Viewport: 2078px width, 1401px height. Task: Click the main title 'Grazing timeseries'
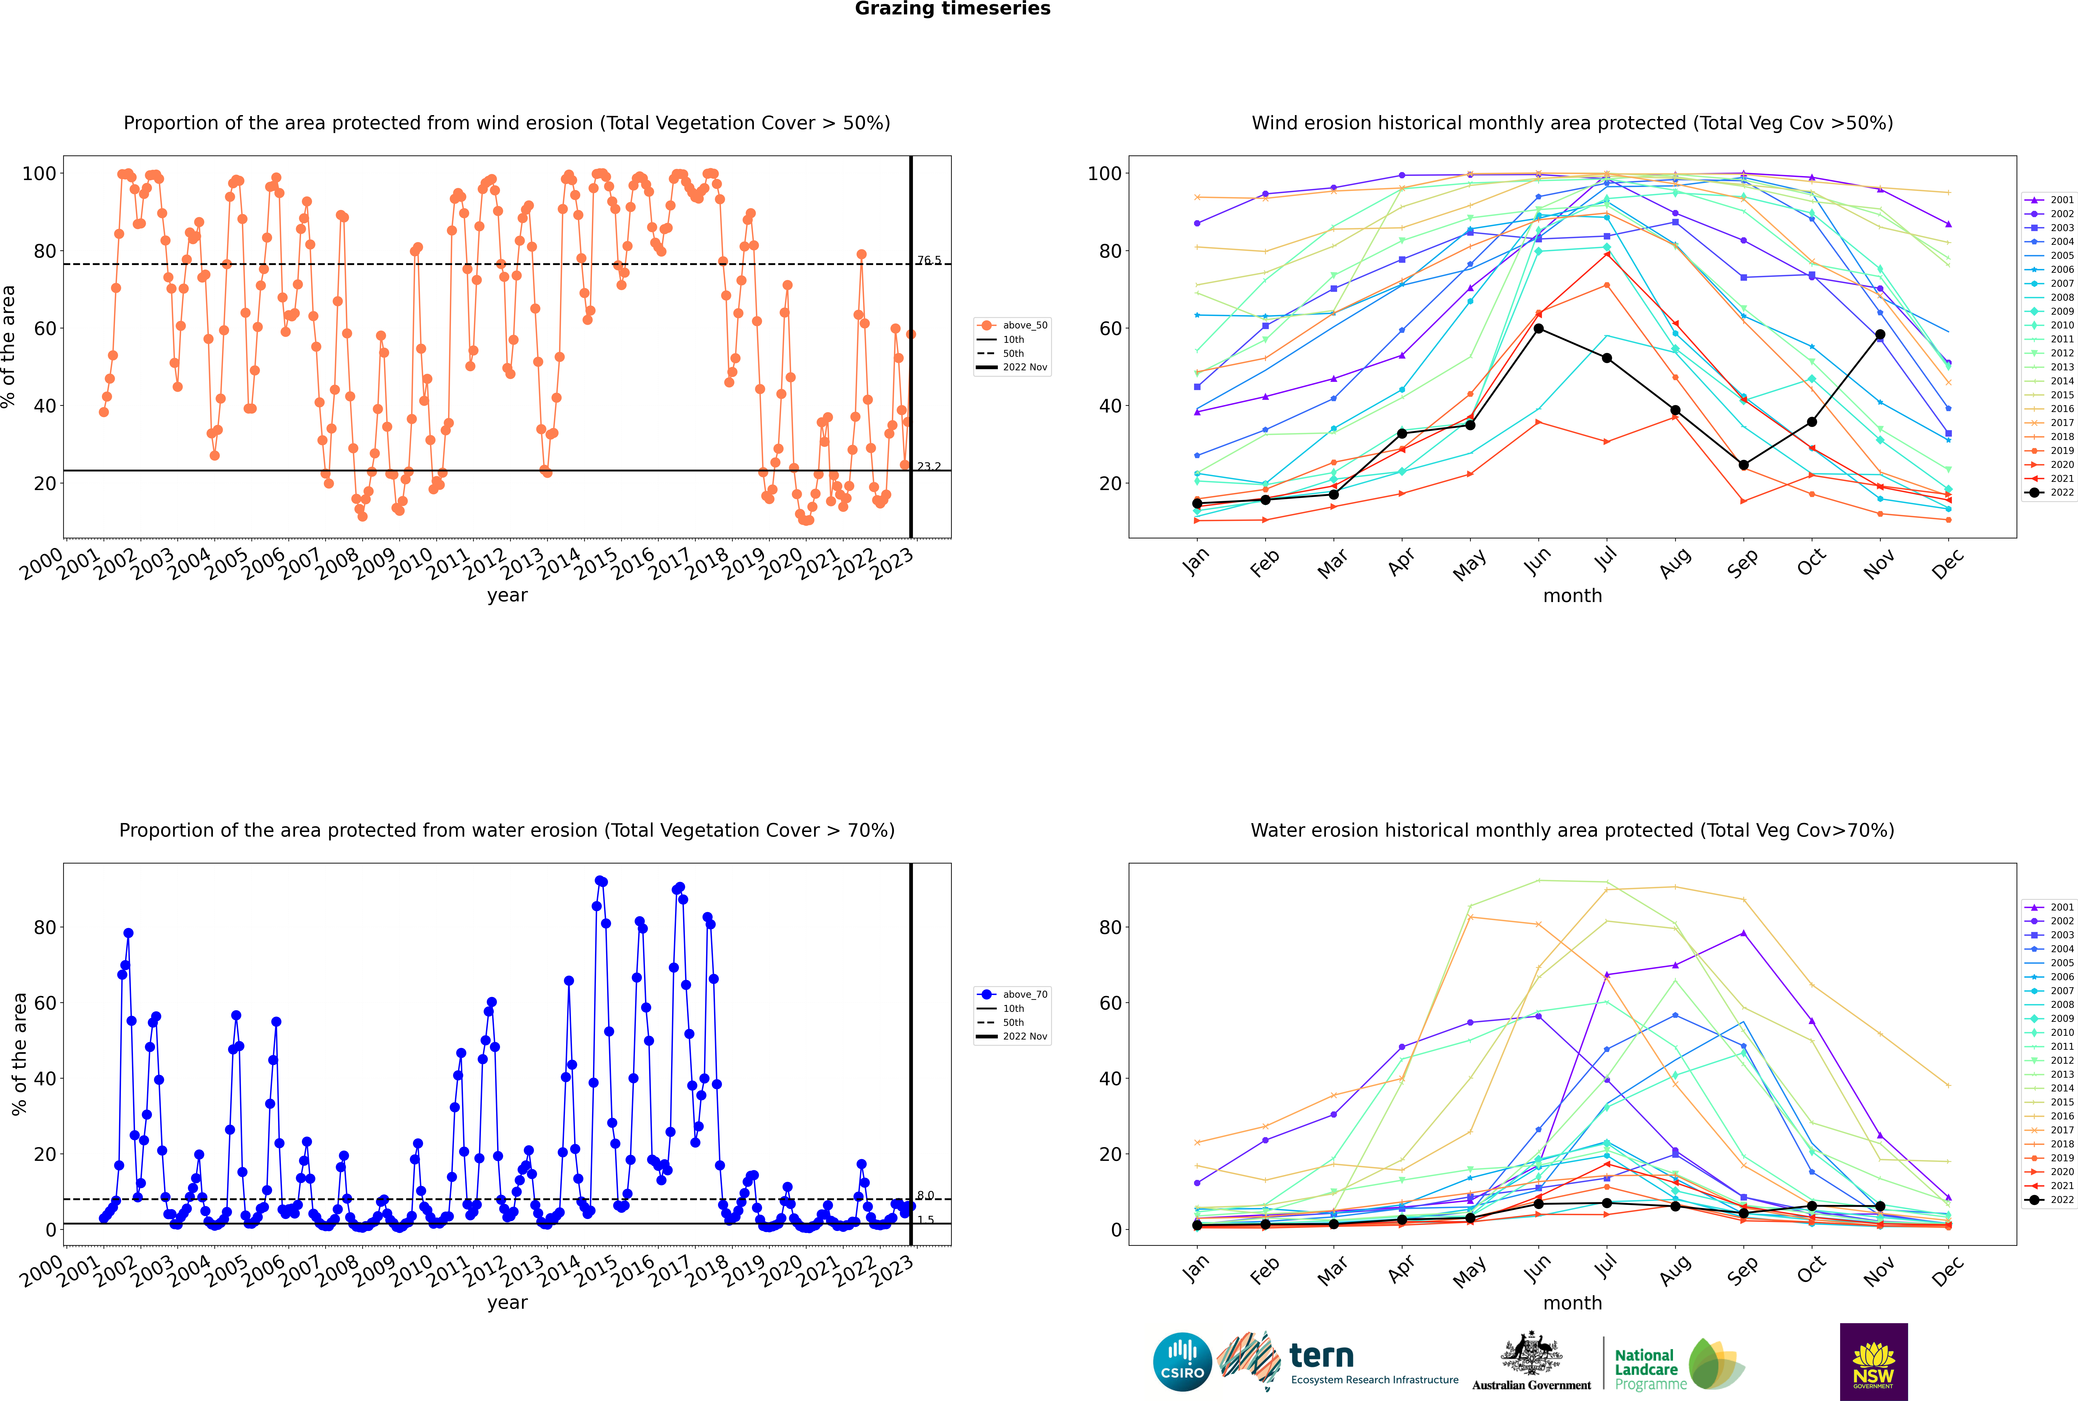coord(952,9)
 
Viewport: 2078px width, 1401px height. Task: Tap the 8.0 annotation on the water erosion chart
coord(926,1195)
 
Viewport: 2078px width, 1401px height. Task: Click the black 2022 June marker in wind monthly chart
coord(1538,329)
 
